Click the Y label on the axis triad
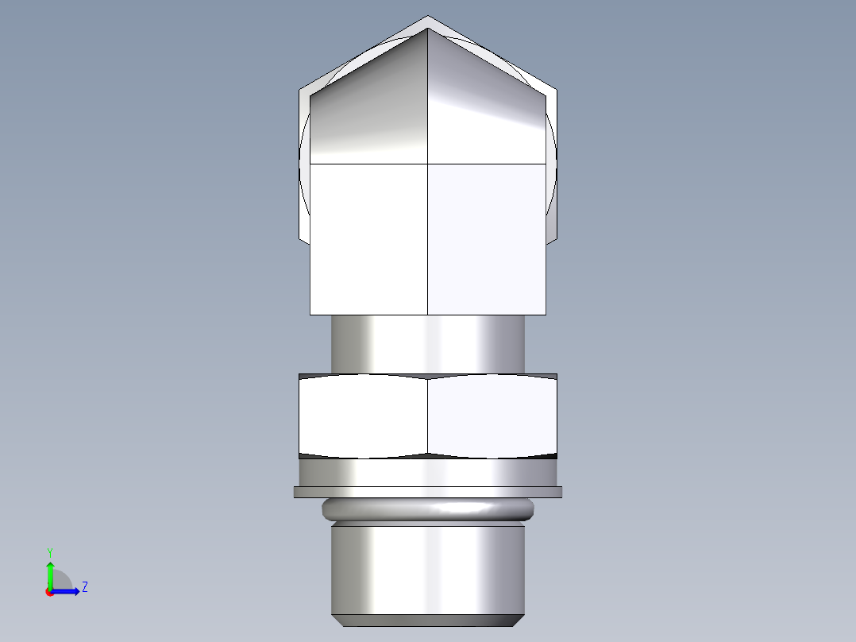(x=49, y=551)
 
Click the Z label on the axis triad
(x=84, y=587)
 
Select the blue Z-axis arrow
(x=68, y=591)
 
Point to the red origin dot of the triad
(x=49, y=592)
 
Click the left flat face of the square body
(x=368, y=238)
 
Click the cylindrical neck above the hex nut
(x=428, y=343)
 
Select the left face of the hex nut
(x=364, y=417)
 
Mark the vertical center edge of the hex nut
(x=428, y=417)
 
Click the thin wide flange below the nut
(x=428, y=493)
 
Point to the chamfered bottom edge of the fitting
(x=428, y=620)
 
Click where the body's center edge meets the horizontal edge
(x=428, y=164)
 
